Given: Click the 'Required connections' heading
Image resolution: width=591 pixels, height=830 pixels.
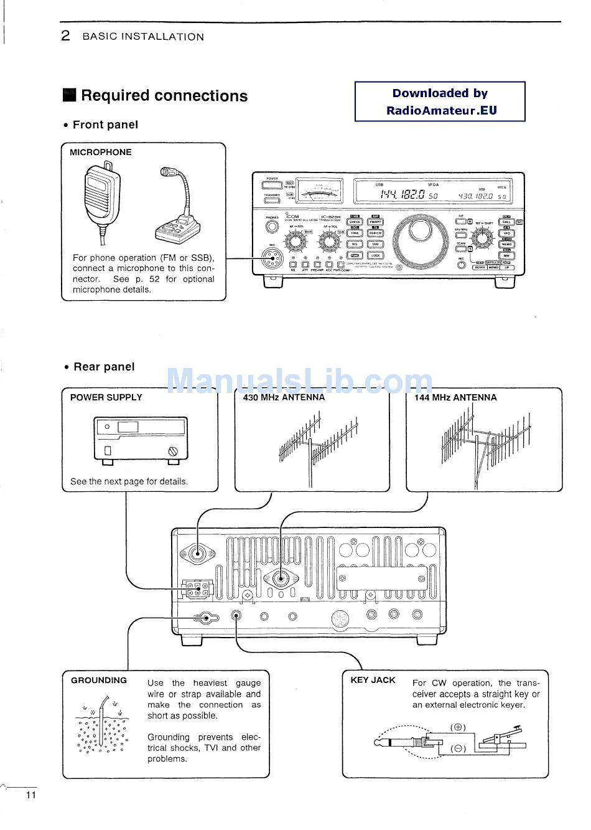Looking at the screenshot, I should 164,96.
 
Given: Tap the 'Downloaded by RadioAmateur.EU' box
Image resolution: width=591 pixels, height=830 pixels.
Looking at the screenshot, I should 440,101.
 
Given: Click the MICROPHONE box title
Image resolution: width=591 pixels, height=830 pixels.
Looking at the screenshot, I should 101,152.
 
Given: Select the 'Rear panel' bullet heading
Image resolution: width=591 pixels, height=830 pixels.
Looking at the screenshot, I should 104,367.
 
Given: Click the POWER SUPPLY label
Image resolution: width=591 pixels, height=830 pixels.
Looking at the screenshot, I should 106,397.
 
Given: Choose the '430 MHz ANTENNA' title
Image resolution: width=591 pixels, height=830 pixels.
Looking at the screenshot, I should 284,397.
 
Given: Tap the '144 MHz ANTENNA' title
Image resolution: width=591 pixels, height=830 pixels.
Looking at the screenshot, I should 455,397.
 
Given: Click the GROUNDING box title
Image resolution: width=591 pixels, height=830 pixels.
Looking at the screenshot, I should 99,681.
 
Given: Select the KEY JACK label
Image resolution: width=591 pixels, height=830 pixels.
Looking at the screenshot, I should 373,681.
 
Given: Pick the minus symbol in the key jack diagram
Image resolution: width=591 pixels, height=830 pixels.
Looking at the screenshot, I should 458,748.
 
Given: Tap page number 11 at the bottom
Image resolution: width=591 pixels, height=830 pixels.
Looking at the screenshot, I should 31,796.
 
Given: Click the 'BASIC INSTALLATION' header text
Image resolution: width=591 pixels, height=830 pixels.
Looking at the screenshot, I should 143,37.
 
